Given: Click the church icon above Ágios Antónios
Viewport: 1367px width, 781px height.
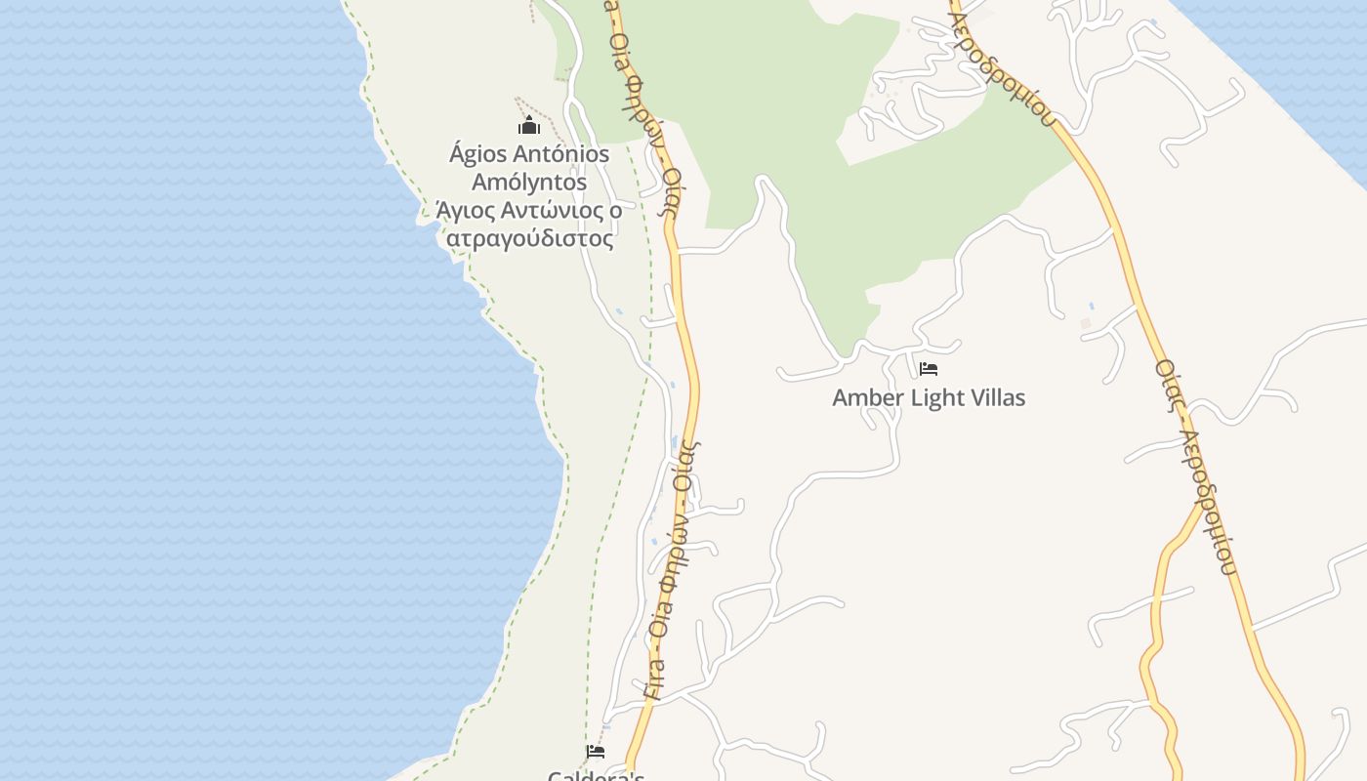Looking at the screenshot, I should [x=529, y=126].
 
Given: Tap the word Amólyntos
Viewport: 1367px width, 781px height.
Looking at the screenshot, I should [x=529, y=183].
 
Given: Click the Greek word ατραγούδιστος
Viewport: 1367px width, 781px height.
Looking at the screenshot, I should [x=529, y=238].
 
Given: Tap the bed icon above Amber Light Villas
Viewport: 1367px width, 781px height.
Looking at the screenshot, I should [x=929, y=369].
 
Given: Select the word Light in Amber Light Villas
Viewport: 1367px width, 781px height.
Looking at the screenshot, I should [x=936, y=398].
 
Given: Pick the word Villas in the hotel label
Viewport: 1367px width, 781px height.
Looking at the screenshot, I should [x=998, y=398].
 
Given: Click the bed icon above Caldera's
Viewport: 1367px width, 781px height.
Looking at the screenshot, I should [x=596, y=751].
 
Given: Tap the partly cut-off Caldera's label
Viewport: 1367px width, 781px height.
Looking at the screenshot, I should [x=596, y=775].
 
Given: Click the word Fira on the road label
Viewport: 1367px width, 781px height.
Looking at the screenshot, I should [x=655, y=680].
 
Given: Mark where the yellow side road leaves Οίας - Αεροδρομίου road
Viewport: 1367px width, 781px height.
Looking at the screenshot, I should [x=1202, y=504].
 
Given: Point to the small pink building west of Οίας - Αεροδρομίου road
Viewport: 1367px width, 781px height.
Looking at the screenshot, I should [x=1086, y=322].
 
